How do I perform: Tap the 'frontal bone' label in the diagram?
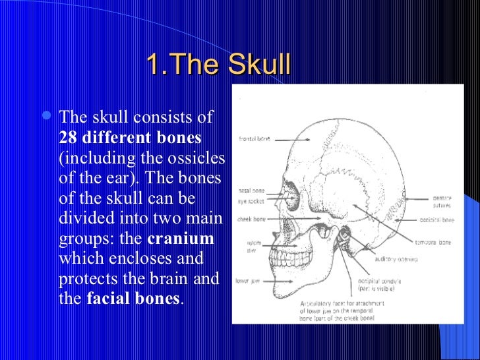pyautogui.click(x=255, y=140)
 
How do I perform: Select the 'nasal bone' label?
pyautogui.click(x=251, y=191)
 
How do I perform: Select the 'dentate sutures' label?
pyautogui.click(x=442, y=200)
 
